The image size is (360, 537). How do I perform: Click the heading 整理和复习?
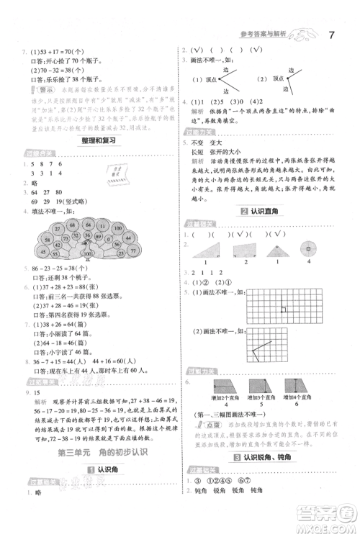98,141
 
